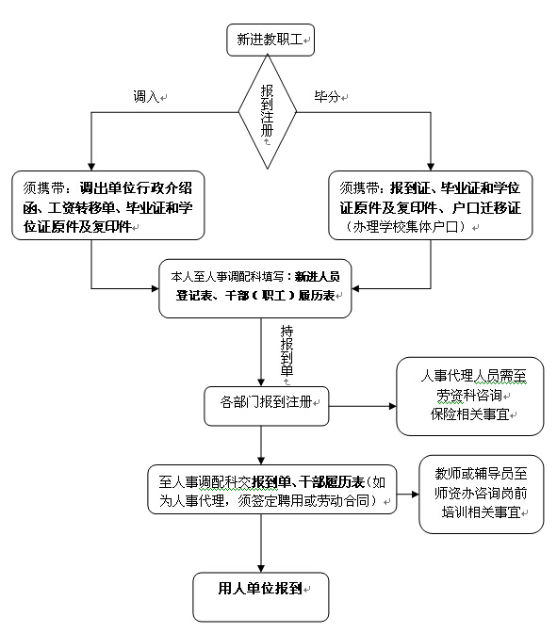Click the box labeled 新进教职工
(270, 40)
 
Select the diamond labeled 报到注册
(268, 112)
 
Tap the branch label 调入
(146, 97)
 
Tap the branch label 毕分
(327, 96)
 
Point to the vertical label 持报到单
(287, 350)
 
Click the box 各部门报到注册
(267, 406)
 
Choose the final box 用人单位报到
(261, 596)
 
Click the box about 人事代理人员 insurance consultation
(470, 396)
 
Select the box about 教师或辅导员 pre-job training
(482, 495)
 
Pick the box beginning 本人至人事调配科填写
(255, 288)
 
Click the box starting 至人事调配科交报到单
(271, 489)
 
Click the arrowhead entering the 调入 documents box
(91, 167)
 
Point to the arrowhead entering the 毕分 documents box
(431, 167)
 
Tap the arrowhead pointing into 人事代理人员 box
(392, 406)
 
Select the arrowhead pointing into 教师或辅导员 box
(415, 495)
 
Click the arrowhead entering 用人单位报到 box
(261, 568)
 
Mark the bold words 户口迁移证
(486, 208)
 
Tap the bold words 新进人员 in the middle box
(318, 277)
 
